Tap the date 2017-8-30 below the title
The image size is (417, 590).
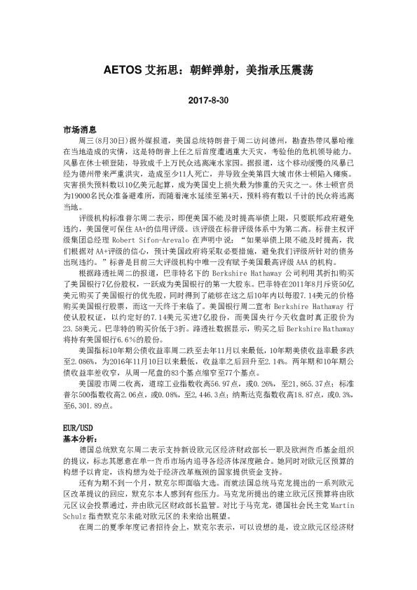point(208,101)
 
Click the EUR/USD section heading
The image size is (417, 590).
point(78,426)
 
